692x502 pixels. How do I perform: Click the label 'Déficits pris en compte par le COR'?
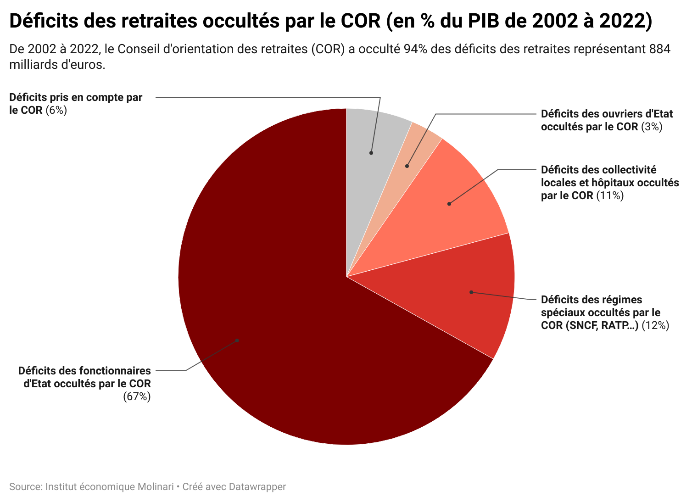tap(76, 104)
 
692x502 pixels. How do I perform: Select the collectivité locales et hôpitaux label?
tap(609, 183)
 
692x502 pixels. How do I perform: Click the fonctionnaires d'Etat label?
tap(85, 377)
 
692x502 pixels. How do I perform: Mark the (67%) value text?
tap(137, 396)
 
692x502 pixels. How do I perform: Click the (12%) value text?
tap(655, 325)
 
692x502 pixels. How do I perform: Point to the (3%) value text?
tap(652, 127)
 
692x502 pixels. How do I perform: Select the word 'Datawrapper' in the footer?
tap(257, 486)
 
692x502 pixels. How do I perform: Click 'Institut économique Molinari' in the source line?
tap(110, 486)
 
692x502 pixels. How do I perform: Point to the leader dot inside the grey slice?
tap(371, 153)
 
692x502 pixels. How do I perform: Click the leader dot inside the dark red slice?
tap(237, 340)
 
